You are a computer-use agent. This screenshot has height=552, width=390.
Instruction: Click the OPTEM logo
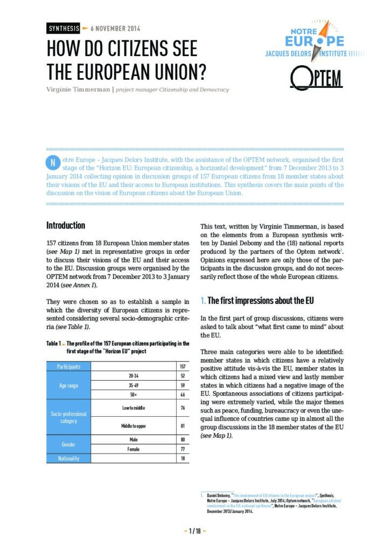(x=316, y=79)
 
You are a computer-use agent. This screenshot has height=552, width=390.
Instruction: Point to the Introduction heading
(x=66, y=225)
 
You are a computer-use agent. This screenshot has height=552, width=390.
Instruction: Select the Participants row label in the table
(x=68, y=367)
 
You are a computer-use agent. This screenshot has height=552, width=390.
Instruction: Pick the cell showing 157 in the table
(x=183, y=367)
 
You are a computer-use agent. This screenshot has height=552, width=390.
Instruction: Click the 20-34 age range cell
(x=134, y=375)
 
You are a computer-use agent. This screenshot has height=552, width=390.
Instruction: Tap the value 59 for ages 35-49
(x=183, y=385)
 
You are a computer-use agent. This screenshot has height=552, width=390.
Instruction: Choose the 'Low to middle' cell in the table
(x=134, y=408)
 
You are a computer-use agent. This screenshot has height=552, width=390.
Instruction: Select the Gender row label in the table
(x=68, y=444)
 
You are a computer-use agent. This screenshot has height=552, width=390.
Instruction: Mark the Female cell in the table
(x=134, y=448)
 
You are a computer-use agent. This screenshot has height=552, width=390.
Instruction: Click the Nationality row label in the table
(x=68, y=458)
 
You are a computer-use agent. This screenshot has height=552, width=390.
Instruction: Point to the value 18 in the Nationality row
(x=183, y=458)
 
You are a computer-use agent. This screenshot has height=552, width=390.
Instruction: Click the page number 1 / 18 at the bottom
(x=195, y=531)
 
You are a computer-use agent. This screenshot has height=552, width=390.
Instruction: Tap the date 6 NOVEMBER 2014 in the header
(x=115, y=29)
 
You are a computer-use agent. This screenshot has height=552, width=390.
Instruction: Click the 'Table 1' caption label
(x=53, y=343)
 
